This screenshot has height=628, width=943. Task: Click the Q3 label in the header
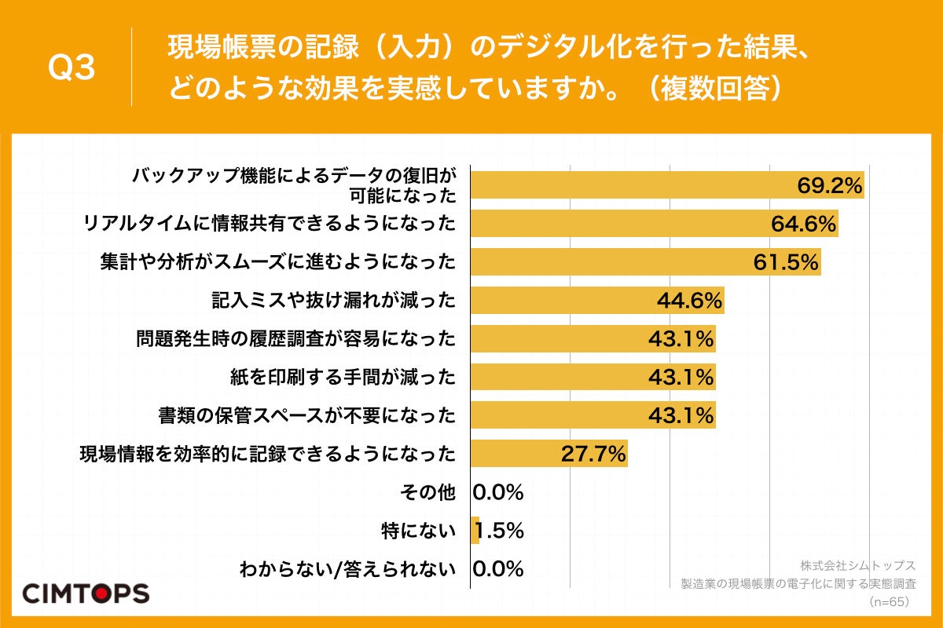coord(72,68)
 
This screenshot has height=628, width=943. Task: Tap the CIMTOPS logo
coord(86,593)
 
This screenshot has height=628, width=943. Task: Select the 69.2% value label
coord(829,186)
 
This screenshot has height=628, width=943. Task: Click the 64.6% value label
coord(802,225)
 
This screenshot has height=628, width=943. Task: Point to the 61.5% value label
coord(786,262)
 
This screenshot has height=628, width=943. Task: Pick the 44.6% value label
coord(689,301)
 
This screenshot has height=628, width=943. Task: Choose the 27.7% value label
coord(593,453)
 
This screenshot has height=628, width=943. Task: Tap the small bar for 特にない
coord(475,530)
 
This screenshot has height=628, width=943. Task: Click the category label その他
coord(427,492)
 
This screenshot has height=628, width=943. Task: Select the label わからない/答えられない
coord(347,569)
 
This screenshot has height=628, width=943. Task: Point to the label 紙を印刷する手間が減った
coord(340,378)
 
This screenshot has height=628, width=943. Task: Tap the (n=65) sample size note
coord(889,601)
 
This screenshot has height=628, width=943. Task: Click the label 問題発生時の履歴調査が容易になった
coord(295,339)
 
